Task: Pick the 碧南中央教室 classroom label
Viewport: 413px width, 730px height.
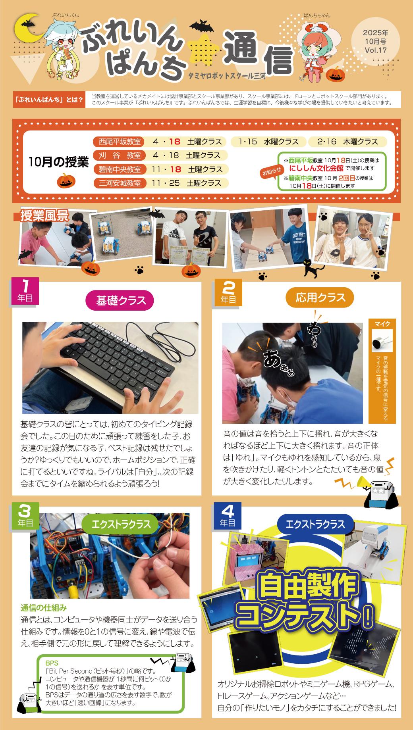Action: [x=120, y=169]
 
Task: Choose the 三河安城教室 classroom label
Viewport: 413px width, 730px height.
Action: [x=120, y=183]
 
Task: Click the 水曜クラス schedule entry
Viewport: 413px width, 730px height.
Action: [x=269, y=142]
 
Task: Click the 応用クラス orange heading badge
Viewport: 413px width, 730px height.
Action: [x=320, y=298]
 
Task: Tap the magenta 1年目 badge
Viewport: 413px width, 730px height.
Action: [x=25, y=291]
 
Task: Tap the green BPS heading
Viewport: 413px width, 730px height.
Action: [x=52, y=663]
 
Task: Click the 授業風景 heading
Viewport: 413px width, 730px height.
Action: [x=44, y=216]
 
